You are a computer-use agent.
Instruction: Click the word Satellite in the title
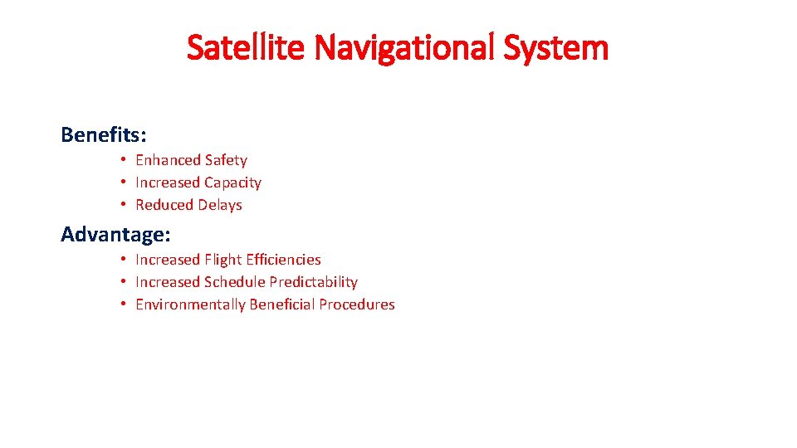(244, 48)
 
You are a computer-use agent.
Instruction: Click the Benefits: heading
(104, 134)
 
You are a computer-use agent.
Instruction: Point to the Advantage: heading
(115, 234)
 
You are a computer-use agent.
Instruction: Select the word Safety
(226, 160)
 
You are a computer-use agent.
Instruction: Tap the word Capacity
(232, 183)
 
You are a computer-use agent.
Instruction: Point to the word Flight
(224, 260)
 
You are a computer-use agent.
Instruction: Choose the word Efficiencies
(285, 260)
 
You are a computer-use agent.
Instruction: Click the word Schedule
(235, 282)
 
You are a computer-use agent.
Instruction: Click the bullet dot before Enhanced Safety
(122, 160)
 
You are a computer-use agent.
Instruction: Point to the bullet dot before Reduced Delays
(122, 205)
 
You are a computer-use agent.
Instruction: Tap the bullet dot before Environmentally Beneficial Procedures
(122, 304)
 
